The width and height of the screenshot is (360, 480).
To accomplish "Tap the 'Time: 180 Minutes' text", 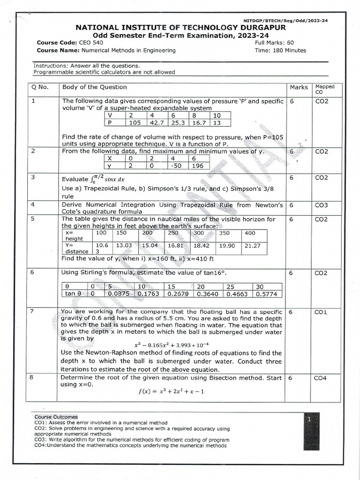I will click(280, 51).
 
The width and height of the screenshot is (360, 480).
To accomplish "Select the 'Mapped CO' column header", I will click(325, 89).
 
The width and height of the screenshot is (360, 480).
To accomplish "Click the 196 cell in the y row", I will click(198, 165).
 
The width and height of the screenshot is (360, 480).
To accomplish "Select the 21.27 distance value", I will click(253, 245).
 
